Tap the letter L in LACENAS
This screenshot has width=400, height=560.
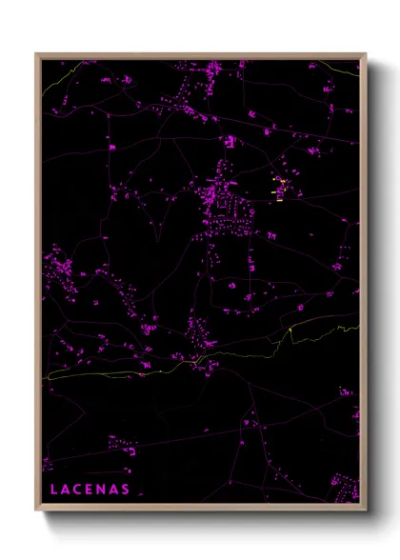(51, 489)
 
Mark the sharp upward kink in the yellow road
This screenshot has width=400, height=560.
(290, 330)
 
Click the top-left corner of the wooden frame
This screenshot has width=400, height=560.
(37, 54)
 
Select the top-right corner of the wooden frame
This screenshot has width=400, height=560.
(365, 54)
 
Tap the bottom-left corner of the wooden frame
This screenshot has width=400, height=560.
(37, 508)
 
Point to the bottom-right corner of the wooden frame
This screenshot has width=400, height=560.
(365, 508)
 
